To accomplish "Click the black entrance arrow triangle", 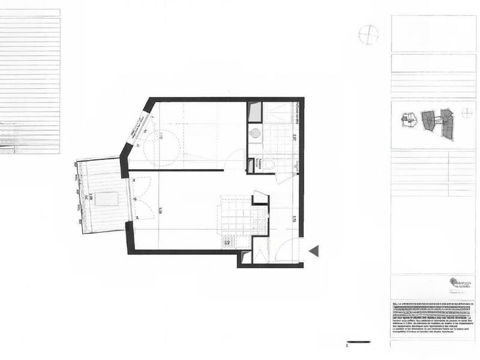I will [x=314, y=251].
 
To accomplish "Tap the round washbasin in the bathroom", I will [x=255, y=133].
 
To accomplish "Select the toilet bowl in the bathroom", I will [x=271, y=164].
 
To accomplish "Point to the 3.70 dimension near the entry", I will [x=295, y=219].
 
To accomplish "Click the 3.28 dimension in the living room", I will [x=161, y=209].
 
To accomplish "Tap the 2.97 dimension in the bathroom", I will [x=295, y=137].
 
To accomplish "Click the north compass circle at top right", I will [x=368, y=35].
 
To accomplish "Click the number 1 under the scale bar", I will [x=347, y=346].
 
